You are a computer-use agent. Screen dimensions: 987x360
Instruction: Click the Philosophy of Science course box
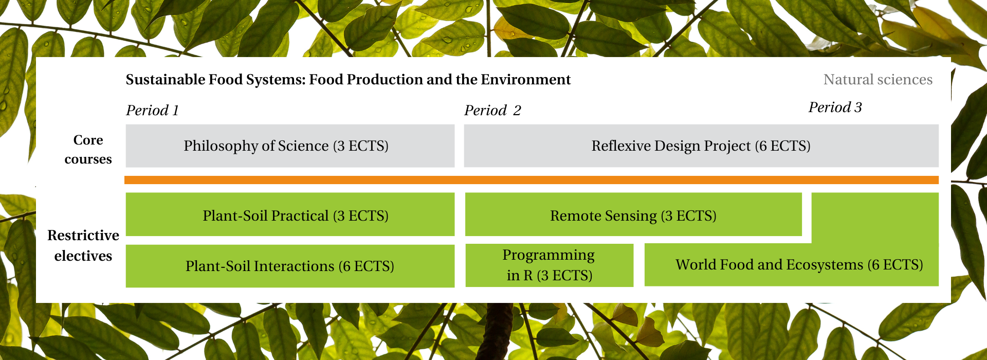click(x=290, y=146)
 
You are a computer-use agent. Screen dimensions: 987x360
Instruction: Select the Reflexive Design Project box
click(x=701, y=146)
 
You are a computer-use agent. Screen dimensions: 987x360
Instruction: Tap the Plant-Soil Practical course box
click(x=290, y=214)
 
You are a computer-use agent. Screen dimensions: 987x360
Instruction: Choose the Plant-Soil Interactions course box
click(x=290, y=266)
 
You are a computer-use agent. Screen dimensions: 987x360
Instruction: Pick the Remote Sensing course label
click(x=633, y=215)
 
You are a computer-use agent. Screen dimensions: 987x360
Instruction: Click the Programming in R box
click(x=550, y=265)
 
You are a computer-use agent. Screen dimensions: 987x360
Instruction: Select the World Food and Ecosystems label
click(x=799, y=265)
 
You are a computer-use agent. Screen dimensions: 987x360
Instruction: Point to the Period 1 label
click(x=153, y=111)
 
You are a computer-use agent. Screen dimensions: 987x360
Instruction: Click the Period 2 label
click(x=492, y=111)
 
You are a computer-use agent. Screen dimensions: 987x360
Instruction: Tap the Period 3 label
click(x=835, y=107)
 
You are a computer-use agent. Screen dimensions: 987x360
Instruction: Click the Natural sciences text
click(x=878, y=80)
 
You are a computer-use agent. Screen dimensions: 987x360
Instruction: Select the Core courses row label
click(x=88, y=150)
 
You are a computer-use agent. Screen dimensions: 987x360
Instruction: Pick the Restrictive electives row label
click(x=83, y=245)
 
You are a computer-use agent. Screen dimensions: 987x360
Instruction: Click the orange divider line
click(x=532, y=180)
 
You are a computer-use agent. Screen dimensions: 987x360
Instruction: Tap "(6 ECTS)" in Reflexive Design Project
click(x=782, y=146)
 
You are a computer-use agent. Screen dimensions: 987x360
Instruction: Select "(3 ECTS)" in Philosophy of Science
click(x=360, y=146)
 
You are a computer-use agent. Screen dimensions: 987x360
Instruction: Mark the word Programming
click(x=549, y=255)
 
